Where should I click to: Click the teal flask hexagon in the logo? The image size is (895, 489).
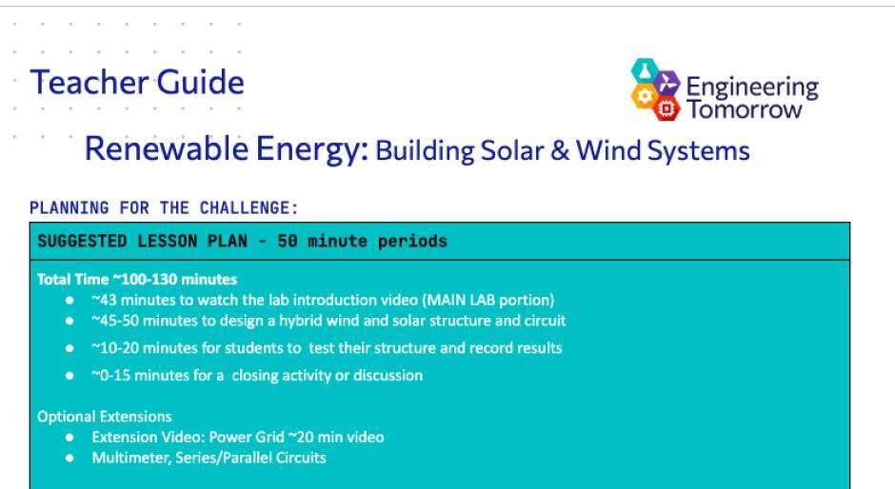(645, 70)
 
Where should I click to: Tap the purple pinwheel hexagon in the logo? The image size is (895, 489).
(666, 84)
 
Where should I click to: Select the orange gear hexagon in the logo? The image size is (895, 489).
(645, 96)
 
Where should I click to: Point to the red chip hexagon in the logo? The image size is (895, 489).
(666, 108)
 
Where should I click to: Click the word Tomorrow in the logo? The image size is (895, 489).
(744, 109)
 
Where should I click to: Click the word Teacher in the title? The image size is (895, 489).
(89, 82)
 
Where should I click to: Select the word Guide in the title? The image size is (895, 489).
(200, 82)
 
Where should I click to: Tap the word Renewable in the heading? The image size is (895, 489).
(166, 149)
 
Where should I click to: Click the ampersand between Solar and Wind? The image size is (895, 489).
(560, 150)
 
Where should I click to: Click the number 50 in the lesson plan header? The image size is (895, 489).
(288, 241)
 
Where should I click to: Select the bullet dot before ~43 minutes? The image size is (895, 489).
(70, 300)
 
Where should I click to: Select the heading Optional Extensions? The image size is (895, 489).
(105, 417)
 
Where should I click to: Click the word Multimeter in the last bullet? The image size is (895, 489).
(130, 459)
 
